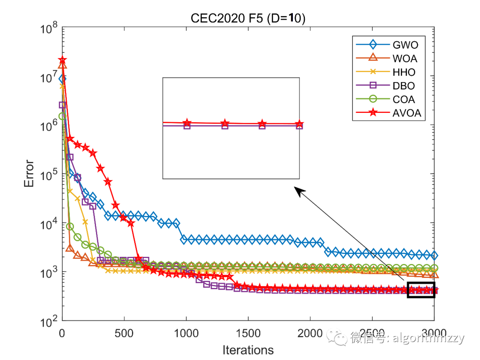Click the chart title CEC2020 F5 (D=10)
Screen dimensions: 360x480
pyautogui.click(x=248, y=19)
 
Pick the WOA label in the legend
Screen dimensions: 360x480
pyautogui.click(x=405, y=58)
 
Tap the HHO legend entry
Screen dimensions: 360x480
pyautogui.click(x=404, y=72)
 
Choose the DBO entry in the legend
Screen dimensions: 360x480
pyautogui.click(x=404, y=86)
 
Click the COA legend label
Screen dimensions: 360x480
pyautogui.click(x=404, y=100)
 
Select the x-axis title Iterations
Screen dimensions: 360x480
pyautogui.click(x=248, y=350)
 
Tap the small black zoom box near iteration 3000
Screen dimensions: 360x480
pyautogui.click(x=421, y=290)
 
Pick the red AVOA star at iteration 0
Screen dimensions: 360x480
pyautogui.click(x=62, y=60)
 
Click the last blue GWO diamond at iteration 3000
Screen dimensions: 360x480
pyautogui.click(x=434, y=256)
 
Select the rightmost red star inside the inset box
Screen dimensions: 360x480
pyautogui.click(x=299, y=124)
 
